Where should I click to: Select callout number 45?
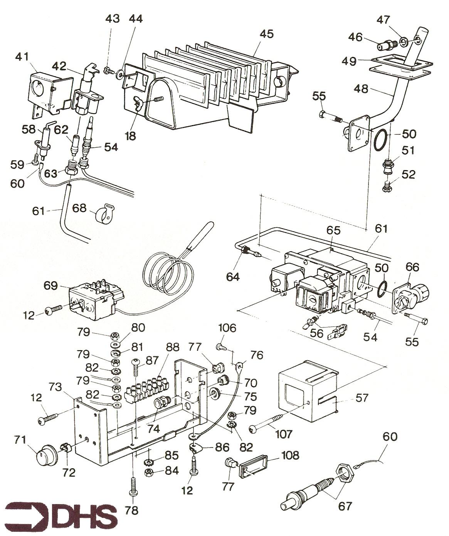coord(266,34)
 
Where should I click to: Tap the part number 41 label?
coord(22,57)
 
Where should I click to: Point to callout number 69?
coord(50,286)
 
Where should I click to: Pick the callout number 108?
coord(290,455)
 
